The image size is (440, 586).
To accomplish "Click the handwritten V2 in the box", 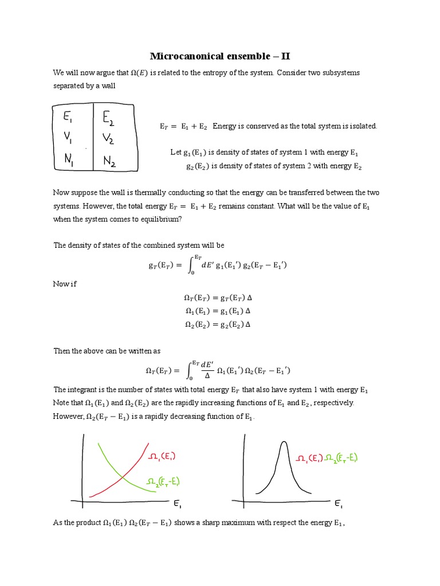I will [109, 139].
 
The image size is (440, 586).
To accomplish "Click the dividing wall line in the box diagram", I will [93, 137].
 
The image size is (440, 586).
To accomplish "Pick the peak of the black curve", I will [283, 442].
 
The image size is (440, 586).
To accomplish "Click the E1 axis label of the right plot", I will [339, 504].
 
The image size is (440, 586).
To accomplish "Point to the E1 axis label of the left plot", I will [178, 504].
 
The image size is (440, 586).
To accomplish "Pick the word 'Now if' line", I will [65, 284].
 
